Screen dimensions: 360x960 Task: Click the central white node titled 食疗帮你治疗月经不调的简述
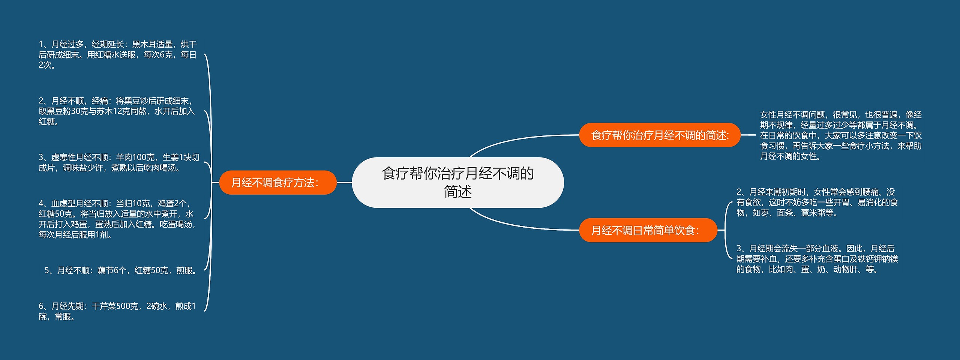pyautogui.click(x=457, y=183)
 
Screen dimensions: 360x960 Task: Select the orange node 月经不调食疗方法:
pyautogui.click(x=277, y=183)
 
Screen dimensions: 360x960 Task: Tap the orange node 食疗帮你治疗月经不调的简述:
pyautogui.click(x=660, y=135)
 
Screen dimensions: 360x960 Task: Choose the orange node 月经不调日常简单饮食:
pyautogui.click(x=648, y=230)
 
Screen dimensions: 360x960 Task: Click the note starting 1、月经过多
pyautogui.click(x=117, y=55)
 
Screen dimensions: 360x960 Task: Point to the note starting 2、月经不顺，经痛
pyautogui.click(x=117, y=111)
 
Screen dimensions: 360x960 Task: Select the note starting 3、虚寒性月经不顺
pyautogui.click(x=118, y=162)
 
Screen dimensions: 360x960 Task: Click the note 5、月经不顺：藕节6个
pyautogui.click(x=121, y=270)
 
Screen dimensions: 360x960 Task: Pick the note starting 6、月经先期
pyautogui.click(x=117, y=311)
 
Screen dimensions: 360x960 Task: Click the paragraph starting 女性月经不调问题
pyautogui.click(x=840, y=135)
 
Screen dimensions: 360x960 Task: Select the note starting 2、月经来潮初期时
pyautogui.click(x=817, y=202)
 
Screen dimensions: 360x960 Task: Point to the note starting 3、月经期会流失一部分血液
pyautogui.click(x=817, y=259)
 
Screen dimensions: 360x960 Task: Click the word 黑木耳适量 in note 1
pyautogui.click(x=152, y=45)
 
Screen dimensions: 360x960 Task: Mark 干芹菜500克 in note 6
pyautogui.click(x=115, y=306)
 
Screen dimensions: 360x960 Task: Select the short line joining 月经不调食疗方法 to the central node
pyautogui.click(x=344, y=183)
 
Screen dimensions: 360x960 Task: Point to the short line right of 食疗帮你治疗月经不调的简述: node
pyautogui.click(x=748, y=135)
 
